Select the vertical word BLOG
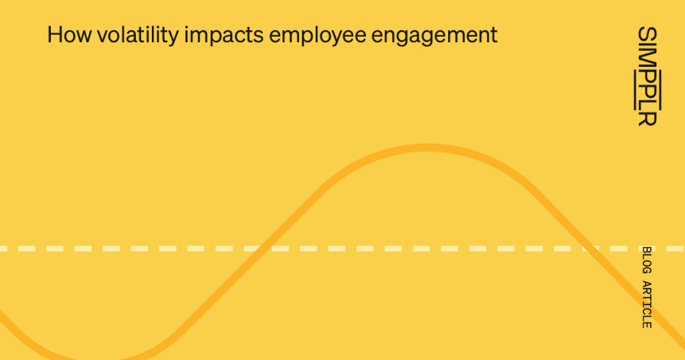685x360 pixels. click(x=646, y=260)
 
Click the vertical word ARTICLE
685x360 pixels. click(x=646, y=304)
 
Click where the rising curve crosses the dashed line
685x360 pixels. click(x=263, y=248)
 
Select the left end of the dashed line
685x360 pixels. click(x=3, y=248)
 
